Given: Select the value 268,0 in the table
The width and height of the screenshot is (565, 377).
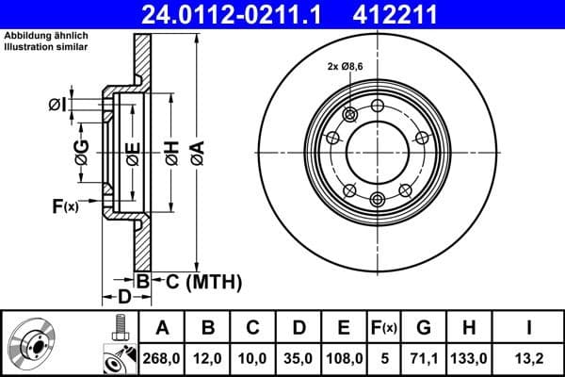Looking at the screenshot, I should pos(162,358).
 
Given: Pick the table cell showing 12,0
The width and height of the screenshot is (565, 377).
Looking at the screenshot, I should pos(208,358).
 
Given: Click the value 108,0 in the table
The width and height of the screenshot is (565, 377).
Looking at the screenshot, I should pos(344,358).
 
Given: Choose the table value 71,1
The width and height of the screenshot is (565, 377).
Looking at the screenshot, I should pos(424,358).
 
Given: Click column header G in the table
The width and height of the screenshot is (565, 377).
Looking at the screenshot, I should pos(424,328).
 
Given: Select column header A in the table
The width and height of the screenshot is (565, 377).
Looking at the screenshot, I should pos(162,328).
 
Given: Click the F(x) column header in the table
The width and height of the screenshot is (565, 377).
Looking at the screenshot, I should pos(385,328).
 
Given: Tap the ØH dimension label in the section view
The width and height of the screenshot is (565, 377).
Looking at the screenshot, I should pos(171,151).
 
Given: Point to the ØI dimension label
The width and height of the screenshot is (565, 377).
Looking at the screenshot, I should pos(56,104).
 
